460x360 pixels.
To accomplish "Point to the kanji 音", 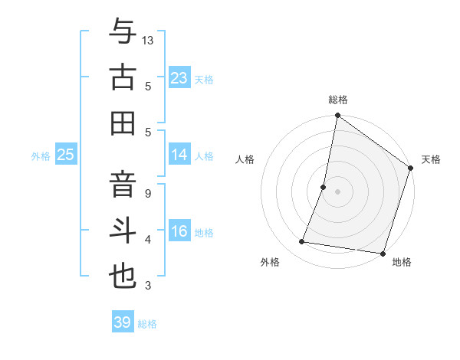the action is tap(123, 184).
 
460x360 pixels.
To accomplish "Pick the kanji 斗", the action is tap(123, 231).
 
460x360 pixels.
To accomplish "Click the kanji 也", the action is tap(123, 277).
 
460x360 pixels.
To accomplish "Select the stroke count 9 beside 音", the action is tap(148, 194).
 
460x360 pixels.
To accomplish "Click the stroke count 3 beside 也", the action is tap(148, 286).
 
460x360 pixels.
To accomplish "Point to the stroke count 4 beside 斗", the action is tap(148, 241).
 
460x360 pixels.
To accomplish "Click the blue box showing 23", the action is tap(179, 77).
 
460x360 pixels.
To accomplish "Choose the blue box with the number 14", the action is tap(179, 155).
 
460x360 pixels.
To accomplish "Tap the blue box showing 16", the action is tap(179, 231).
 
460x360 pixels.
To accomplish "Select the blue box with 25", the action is tap(66, 155).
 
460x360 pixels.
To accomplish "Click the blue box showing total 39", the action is tap(123, 322).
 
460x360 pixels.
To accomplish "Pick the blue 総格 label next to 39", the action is tap(148, 324).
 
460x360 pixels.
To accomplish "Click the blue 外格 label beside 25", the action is tap(41, 156).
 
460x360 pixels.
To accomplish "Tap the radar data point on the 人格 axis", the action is tap(324, 187).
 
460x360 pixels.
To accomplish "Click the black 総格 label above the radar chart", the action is tap(338, 100).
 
